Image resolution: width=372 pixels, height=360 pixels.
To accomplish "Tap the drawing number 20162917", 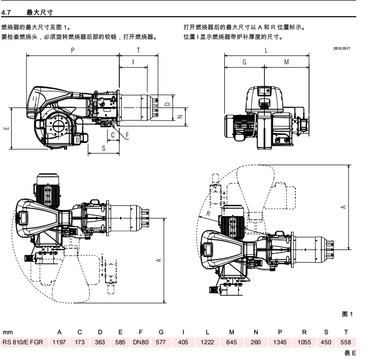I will pyautogui.click(x=342, y=49).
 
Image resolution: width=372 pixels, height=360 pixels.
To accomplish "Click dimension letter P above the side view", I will pyautogui.click(x=73, y=50).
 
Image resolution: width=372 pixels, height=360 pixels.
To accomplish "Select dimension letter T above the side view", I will pyautogui.click(x=138, y=50).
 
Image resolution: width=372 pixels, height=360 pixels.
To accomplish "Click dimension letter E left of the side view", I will pyautogui.click(x=7, y=128).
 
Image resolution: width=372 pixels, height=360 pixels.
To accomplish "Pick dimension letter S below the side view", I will pyautogui.click(x=104, y=148).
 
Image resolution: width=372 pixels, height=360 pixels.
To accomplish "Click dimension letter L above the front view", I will pyautogui.click(x=266, y=51).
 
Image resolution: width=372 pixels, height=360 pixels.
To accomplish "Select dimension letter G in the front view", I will pyautogui.click(x=244, y=62).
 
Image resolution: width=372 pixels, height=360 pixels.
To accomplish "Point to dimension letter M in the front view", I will pyautogui.click(x=286, y=62).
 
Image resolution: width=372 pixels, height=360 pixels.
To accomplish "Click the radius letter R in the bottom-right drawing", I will pyautogui.click(x=209, y=213).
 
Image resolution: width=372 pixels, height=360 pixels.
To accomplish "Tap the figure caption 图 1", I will pyautogui.click(x=347, y=314).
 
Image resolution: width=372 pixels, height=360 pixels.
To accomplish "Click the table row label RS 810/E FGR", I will pyautogui.click(x=23, y=342).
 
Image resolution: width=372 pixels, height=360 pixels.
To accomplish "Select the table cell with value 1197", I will pyautogui.click(x=59, y=342).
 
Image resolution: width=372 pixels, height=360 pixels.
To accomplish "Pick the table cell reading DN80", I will pyautogui.click(x=141, y=342).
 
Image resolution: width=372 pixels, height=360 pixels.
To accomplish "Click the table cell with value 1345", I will pyautogui.click(x=280, y=342).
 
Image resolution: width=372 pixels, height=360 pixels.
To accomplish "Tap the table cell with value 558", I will pyautogui.click(x=346, y=342).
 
